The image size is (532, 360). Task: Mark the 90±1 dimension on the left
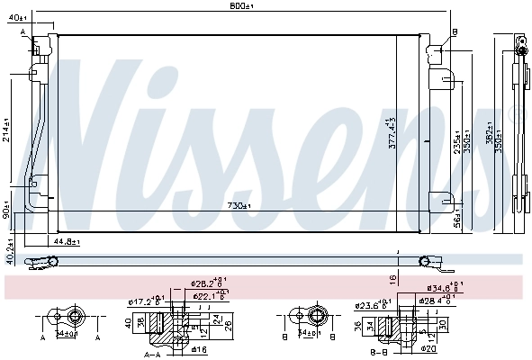click(6, 215)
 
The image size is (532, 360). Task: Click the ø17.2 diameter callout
click(144, 301)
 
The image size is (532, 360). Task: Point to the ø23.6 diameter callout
click(372, 304)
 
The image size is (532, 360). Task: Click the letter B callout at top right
click(455, 31)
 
